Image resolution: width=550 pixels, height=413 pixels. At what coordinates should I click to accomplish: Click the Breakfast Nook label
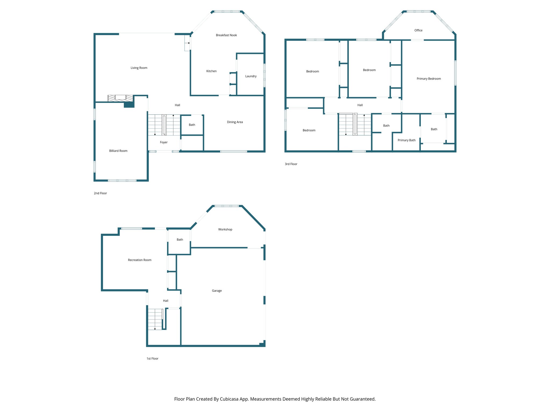click(x=226, y=35)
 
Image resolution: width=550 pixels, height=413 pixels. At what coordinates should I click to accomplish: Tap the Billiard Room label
click(x=118, y=151)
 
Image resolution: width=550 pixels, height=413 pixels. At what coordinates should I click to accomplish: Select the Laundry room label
click(x=251, y=76)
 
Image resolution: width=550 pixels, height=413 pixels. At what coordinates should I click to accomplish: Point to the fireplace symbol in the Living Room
click(x=120, y=98)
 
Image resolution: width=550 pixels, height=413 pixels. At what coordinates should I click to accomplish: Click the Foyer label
click(x=164, y=143)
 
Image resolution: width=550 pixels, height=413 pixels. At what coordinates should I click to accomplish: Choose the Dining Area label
click(x=235, y=122)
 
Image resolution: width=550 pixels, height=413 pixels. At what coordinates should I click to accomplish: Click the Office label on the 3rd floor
click(x=418, y=30)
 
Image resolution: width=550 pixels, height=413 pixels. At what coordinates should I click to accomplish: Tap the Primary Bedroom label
click(x=429, y=79)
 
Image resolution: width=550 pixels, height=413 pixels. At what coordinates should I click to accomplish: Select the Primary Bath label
click(x=407, y=140)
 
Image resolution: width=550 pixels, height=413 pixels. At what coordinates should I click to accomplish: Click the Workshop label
click(x=225, y=230)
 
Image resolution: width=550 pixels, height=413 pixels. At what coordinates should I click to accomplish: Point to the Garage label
click(x=217, y=291)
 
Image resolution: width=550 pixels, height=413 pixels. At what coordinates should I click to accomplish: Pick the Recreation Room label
click(x=140, y=260)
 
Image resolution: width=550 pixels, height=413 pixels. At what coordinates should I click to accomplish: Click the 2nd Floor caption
click(x=100, y=193)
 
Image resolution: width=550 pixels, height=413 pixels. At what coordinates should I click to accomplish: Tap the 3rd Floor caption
click(x=291, y=164)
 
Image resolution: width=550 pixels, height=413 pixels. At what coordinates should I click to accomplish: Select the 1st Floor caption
click(x=153, y=359)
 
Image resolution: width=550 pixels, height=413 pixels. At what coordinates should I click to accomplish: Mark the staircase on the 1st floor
click(x=155, y=319)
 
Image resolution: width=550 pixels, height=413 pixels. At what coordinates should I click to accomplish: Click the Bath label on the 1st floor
click(x=180, y=240)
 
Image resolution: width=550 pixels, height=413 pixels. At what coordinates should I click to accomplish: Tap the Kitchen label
click(x=211, y=71)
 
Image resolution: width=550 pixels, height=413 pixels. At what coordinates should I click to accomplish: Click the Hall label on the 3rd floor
click(x=360, y=105)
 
